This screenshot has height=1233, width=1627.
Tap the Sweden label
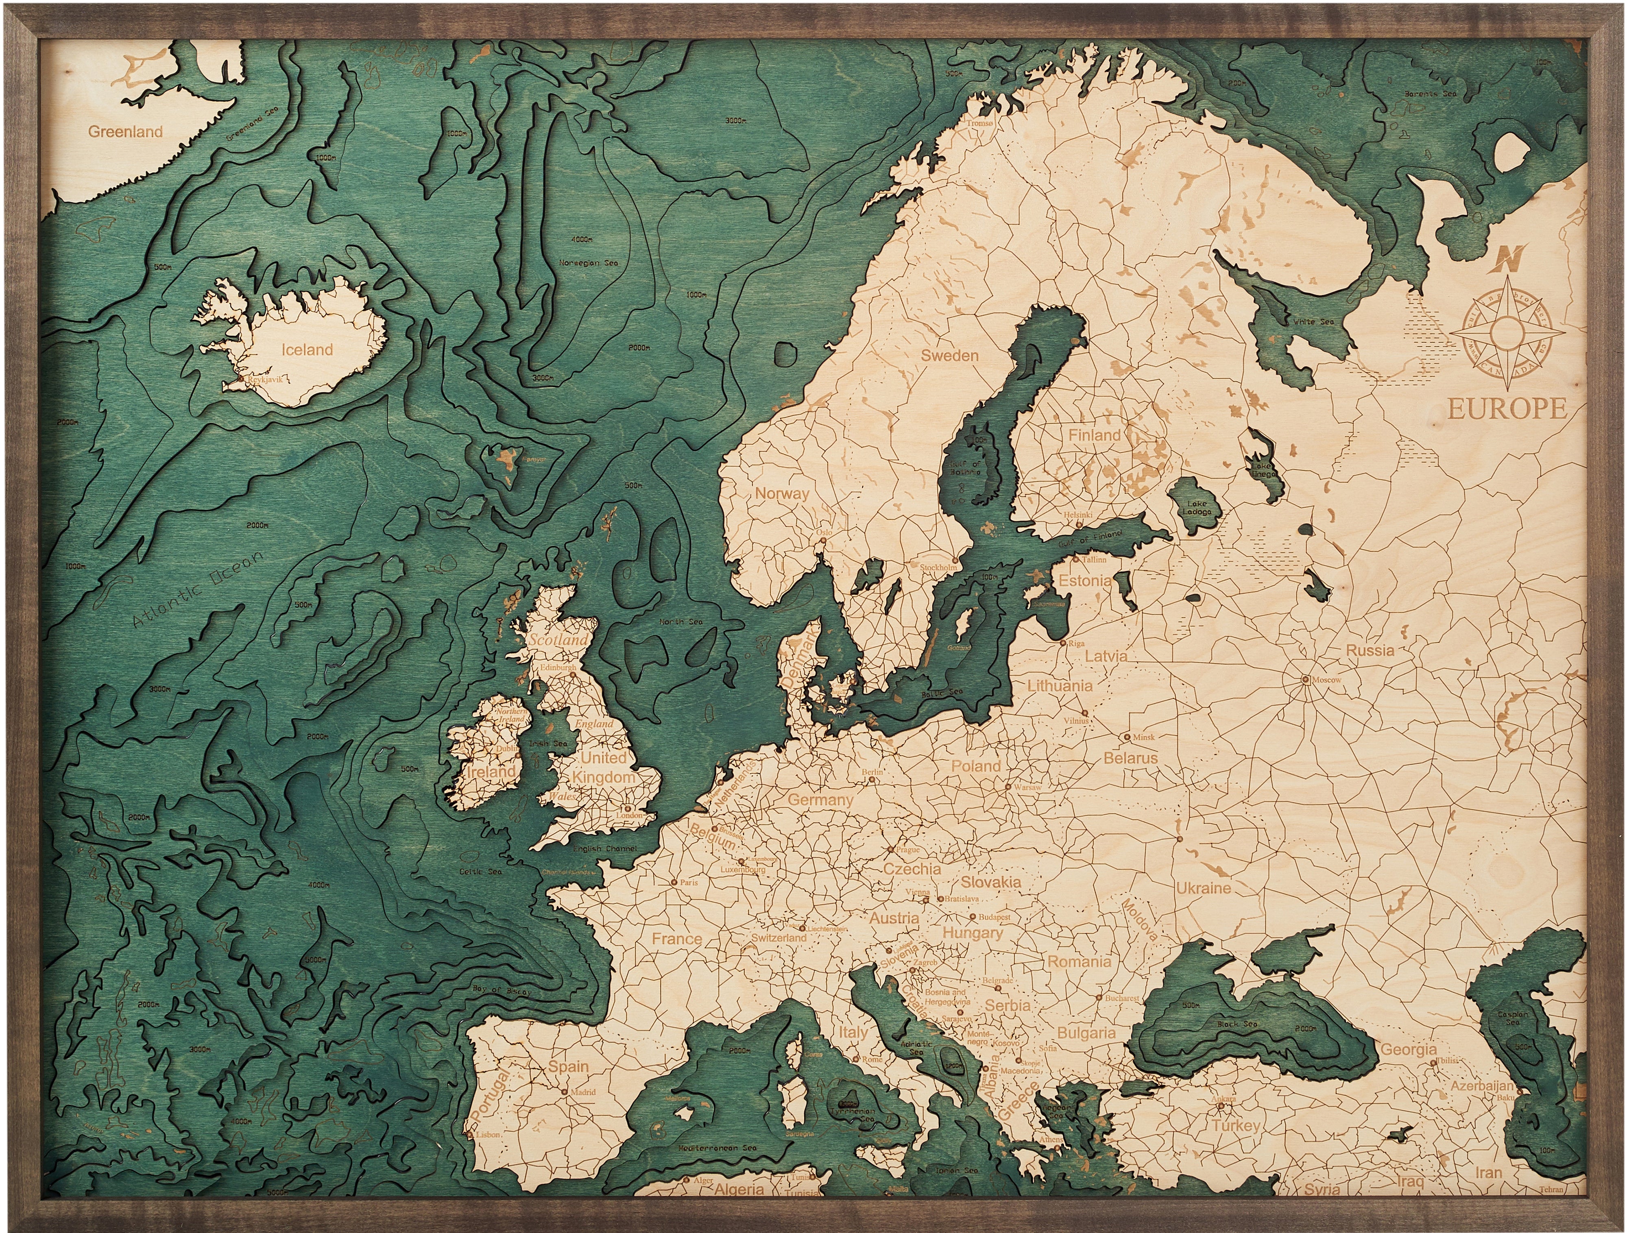950,356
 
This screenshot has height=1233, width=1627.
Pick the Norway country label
782,494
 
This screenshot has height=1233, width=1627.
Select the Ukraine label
1203,888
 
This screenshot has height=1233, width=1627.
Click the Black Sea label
1237,1024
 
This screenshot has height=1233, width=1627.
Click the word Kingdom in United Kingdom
604,777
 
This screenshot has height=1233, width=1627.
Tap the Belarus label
1130,758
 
